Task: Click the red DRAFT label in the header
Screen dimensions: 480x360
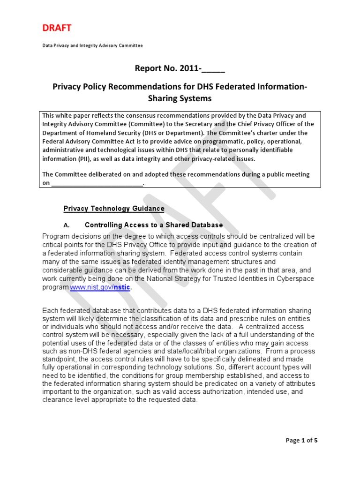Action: [x=57, y=28]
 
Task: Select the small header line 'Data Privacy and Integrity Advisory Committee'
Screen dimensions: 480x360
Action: [x=92, y=45]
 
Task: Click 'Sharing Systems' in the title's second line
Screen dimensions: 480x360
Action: [x=180, y=98]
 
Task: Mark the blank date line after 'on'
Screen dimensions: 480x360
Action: [x=97, y=183]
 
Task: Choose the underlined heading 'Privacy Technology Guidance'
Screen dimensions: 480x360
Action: [x=114, y=208]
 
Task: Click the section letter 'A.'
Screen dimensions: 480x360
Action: [x=66, y=225]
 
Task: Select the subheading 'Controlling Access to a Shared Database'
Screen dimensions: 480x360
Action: [x=154, y=225]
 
